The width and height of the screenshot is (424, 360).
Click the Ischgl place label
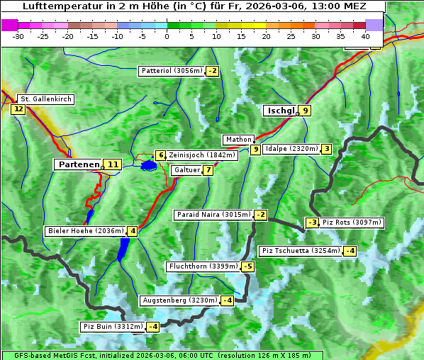[280, 111]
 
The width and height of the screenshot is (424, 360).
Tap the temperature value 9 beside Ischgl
[305, 111]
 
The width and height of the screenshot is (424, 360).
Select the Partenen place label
[78, 164]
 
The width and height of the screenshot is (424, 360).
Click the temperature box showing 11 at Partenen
[113, 164]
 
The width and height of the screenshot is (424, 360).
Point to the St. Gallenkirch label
[45, 99]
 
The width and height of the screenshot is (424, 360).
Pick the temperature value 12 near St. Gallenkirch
[18, 109]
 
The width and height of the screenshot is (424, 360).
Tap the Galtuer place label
[186, 170]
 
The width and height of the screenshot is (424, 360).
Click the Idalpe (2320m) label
[291, 149]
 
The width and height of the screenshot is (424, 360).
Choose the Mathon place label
[238, 140]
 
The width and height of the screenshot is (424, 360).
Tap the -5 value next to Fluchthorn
[247, 267]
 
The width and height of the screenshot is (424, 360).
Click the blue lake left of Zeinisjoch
[148, 166]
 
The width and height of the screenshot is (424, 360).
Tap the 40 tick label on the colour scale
[365, 35]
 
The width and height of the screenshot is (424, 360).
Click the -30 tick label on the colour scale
[18, 35]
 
